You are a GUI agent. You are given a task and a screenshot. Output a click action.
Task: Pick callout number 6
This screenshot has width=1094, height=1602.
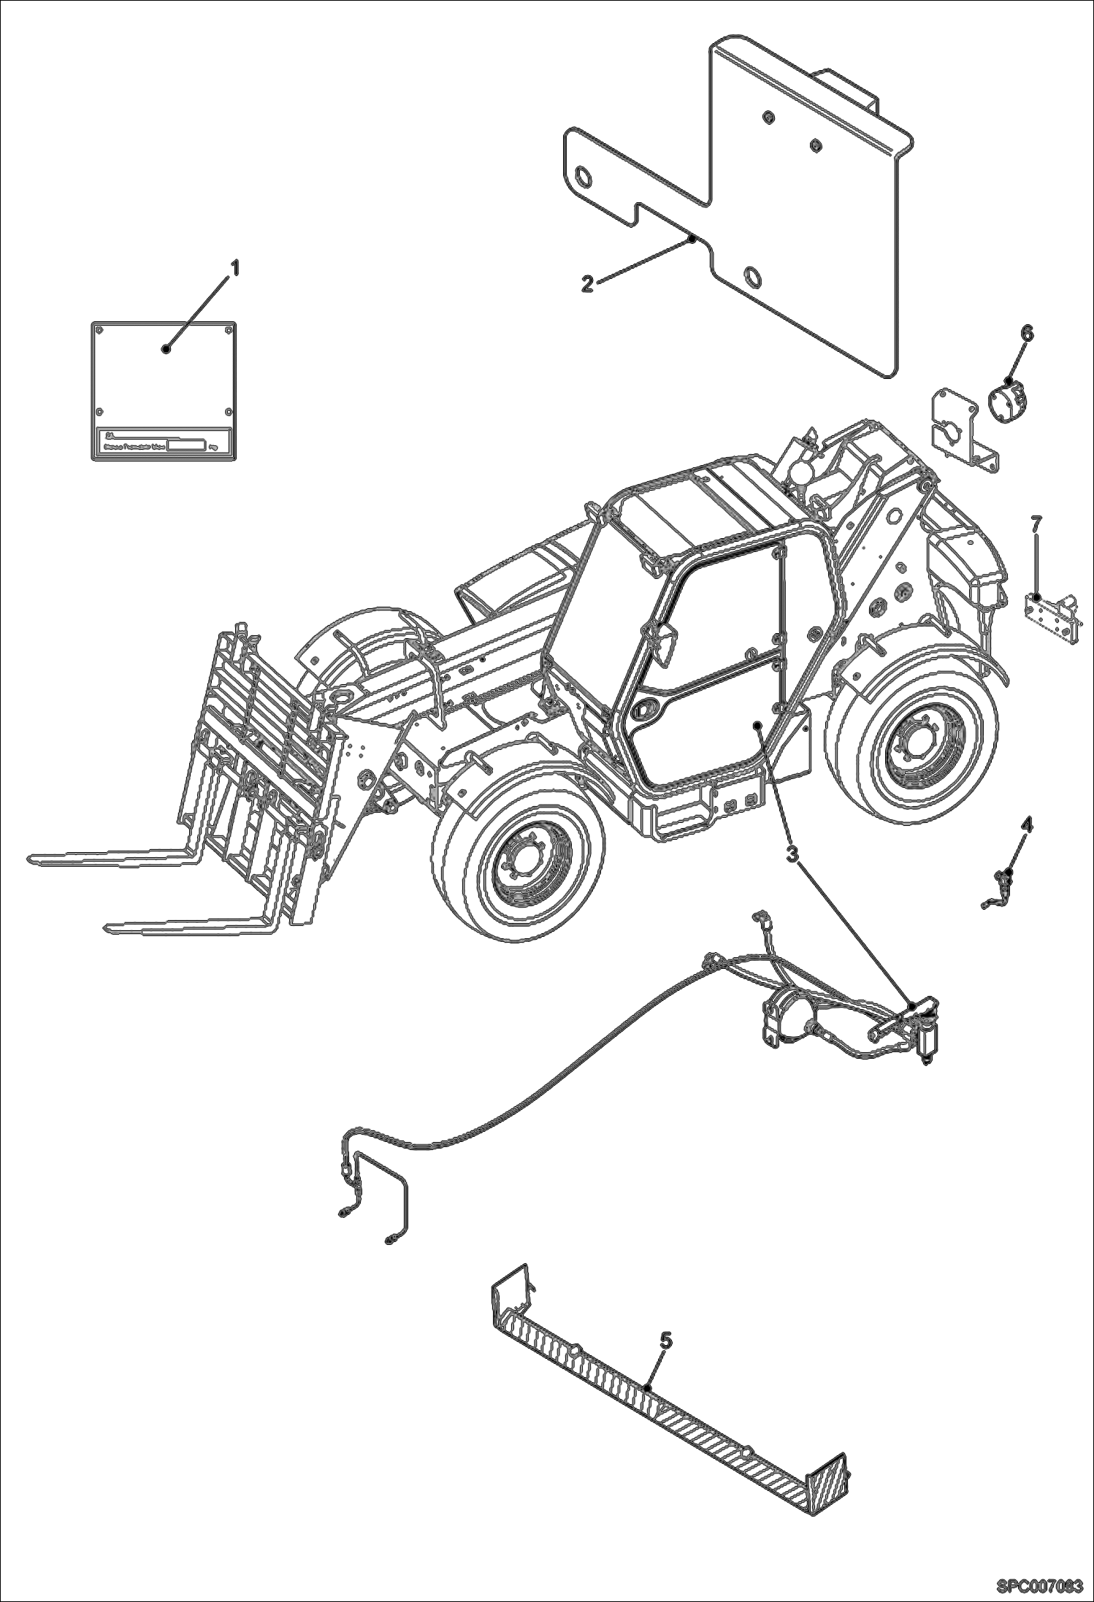1027,333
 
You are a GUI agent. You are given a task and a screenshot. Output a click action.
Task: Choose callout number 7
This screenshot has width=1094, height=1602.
1036,524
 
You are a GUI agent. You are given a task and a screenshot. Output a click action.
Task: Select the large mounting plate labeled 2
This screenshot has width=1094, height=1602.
803,219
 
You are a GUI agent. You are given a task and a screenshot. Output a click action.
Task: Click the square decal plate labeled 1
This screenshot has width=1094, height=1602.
164,380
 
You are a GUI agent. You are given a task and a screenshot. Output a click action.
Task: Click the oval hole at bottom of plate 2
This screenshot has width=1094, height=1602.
751,277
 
